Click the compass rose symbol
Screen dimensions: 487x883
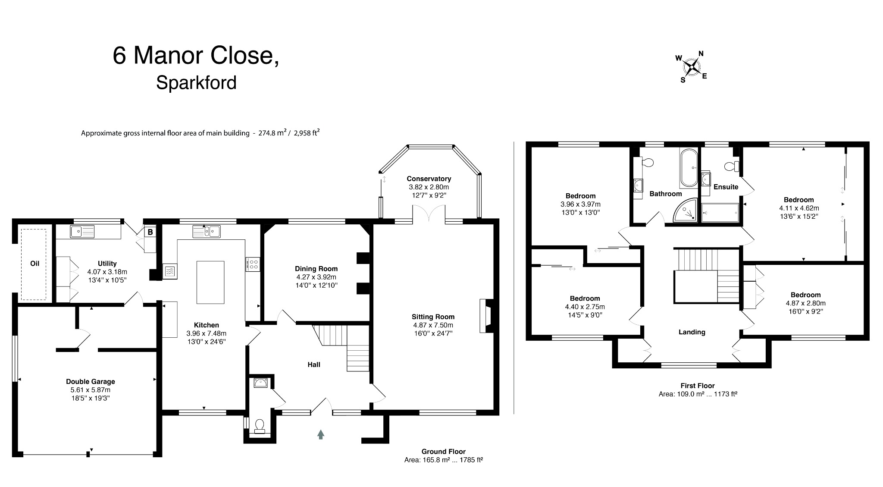tap(692, 67)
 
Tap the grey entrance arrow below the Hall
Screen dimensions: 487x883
tap(320, 434)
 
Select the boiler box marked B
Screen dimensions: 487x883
tap(150, 232)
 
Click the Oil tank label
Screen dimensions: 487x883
tap(34, 263)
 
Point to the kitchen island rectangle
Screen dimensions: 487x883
tap(210, 282)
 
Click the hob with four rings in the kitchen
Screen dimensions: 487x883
tap(253, 264)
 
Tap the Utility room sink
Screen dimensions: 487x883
tap(82, 232)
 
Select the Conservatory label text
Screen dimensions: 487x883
tap(429, 179)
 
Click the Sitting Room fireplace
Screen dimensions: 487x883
tap(485, 316)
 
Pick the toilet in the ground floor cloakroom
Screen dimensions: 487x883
tap(260, 426)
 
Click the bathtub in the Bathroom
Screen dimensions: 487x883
tap(689, 168)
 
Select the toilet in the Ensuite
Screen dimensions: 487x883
tap(731, 166)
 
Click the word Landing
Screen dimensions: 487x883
tap(692, 332)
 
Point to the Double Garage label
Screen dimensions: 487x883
tap(90, 381)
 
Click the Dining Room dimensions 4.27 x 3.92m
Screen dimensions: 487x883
tap(316, 277)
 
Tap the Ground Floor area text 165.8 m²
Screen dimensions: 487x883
tap(443, 460)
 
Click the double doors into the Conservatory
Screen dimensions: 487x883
tap(429, 214)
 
